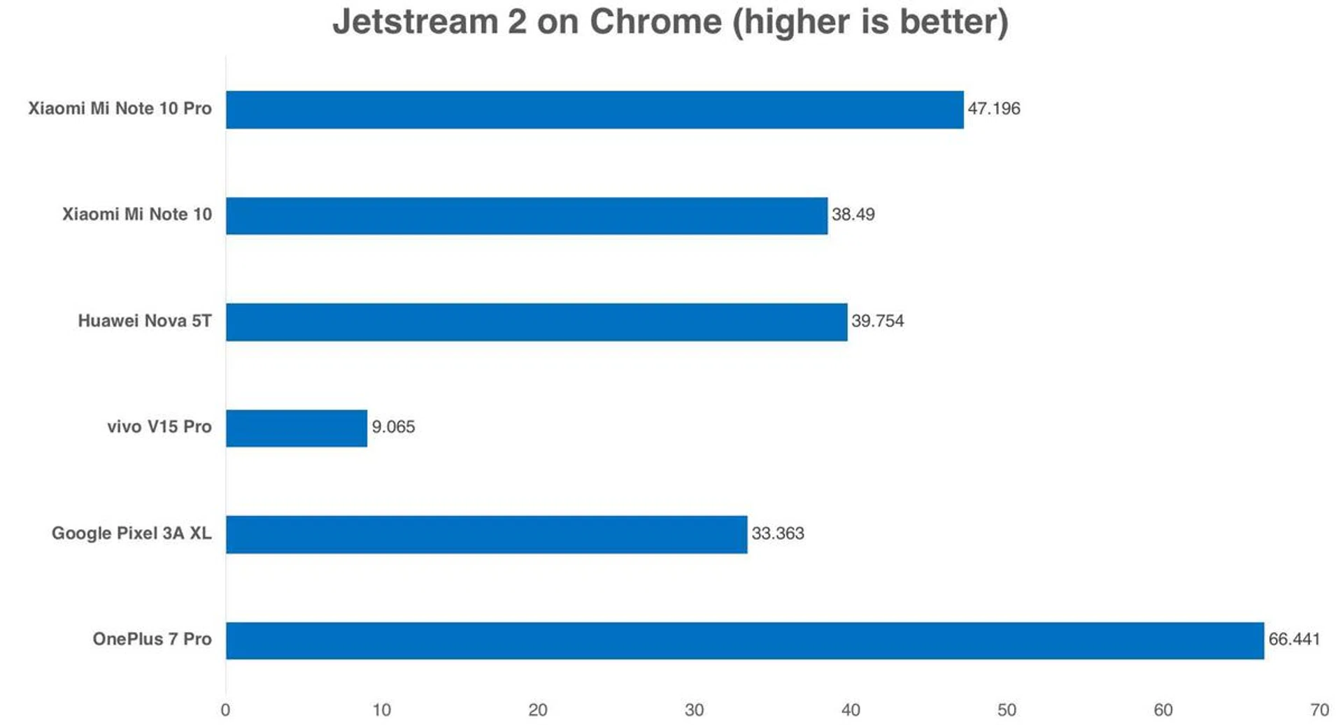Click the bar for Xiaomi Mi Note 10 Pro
point(595,110)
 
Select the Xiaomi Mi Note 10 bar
point(527,215)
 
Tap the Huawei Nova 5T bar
point(537,322)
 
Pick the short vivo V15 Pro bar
point(297,428)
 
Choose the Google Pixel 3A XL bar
point(486,534)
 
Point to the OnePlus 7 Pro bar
point(745,640)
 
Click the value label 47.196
point(993,109)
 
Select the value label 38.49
point(853,215)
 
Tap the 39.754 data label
point(877,321)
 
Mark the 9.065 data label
point(393,427)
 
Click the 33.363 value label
point(778,533)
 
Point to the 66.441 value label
point(1294,640)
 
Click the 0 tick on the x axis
point(225,710)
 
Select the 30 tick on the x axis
point(694,710)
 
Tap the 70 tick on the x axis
point(1319,710)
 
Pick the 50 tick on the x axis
point(1007,710)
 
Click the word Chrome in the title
point(655,22)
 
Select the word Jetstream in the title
point(415,22)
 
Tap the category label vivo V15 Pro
point(159,427)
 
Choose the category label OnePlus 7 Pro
point(152,640)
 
